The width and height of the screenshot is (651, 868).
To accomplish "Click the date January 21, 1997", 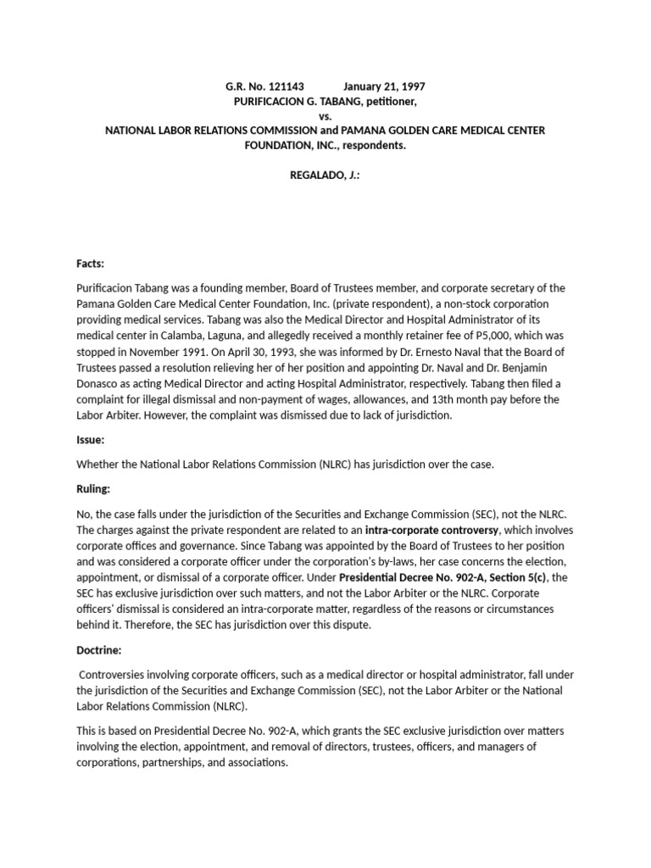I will pos(384,86).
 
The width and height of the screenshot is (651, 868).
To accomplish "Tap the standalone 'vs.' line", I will pos(325,115).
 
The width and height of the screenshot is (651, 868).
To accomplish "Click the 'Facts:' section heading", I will pos(90,264).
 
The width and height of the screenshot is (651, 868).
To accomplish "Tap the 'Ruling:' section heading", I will pos(93,489).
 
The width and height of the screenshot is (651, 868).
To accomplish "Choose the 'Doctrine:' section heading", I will pos(99,651).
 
